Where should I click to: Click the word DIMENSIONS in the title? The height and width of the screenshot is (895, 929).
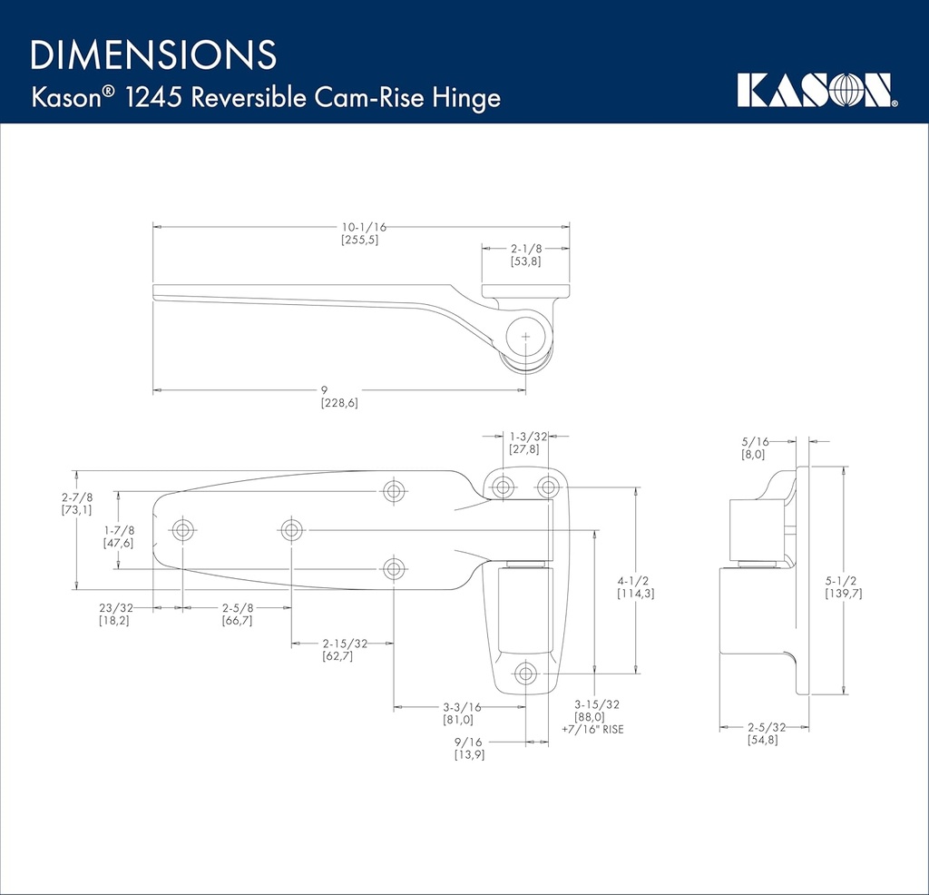[x=153, y=55]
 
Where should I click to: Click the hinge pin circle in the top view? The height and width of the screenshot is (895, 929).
[x=526, y=335]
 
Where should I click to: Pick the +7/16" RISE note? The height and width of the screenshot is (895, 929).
[x=592, y=729]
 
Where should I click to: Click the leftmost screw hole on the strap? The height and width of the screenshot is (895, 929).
[x=182, y=529]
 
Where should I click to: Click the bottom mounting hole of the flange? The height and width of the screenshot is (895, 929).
[x=525, y=674]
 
